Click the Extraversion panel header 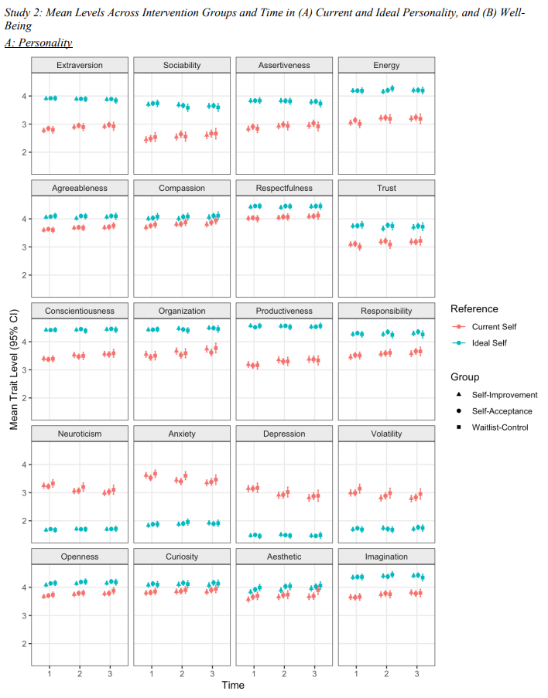(x=80, y=66)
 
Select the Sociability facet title (x=182, y=66)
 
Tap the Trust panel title (x=386, y=188)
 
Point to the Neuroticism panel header (x=80, y=434)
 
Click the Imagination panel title (x=386, y=557)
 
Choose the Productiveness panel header (x=284, y=311)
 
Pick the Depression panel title (x=284, y=434)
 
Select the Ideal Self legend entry (x=489, y=343)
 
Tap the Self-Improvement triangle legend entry (x=504, y=395)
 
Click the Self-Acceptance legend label (x=504, y=411)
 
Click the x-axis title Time (x=233, y=685)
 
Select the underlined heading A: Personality (x=39, y=43)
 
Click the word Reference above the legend (x=474, y=309)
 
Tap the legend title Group (x=464, y=377)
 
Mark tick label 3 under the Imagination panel (x=416, y=674)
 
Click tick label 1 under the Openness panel (x=49, y=674)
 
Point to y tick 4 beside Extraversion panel (x=24, y=97)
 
